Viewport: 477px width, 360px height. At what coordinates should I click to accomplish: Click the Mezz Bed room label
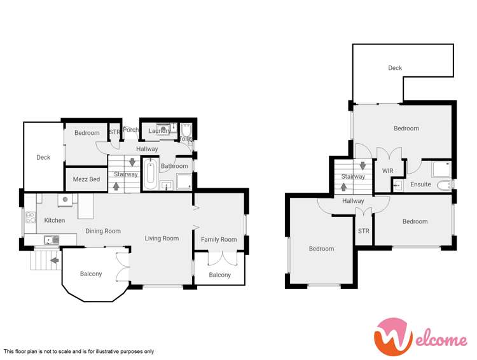pos(86,179)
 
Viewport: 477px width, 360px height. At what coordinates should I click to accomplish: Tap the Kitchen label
pos(55,221)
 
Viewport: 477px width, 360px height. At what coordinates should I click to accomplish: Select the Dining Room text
pos(103,232)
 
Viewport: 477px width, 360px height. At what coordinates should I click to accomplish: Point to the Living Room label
pos(162,239)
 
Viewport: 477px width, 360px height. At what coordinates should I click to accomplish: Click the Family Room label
pos(219,240)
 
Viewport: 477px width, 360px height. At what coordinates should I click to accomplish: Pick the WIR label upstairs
pos(388,171)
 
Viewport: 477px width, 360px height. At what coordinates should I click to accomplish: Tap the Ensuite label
pos(420,184)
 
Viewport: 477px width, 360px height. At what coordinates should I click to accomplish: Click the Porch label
pos(131,130)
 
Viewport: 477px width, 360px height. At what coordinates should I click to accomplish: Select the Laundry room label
pos(159,131)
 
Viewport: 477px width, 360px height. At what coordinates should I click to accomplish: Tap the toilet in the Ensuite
pos(446,185)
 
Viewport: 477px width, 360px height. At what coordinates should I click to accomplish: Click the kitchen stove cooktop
pos(29,221)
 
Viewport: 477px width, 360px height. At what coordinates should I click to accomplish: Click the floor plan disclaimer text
pos(79,351)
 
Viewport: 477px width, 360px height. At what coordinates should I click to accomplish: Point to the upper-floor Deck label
pos(395,68)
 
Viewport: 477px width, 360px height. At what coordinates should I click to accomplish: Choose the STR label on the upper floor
pos(364,231)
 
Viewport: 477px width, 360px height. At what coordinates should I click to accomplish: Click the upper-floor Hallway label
pos(353,201)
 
